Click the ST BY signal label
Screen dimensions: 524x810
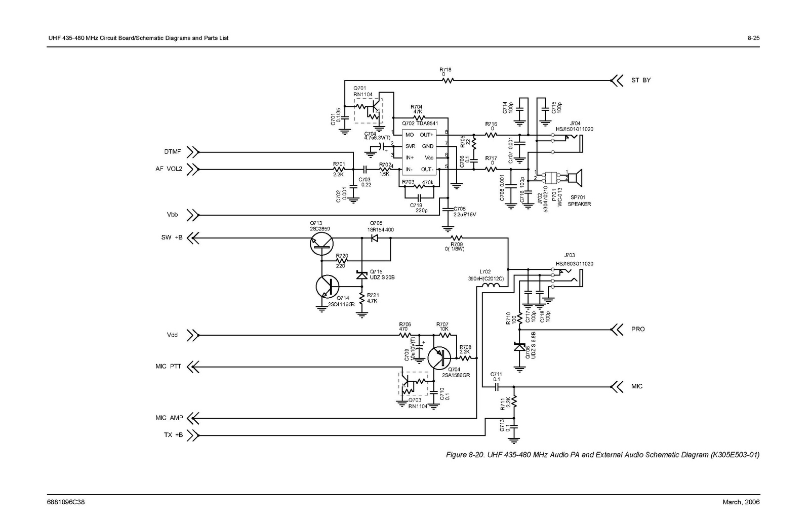click(x=641, y=80)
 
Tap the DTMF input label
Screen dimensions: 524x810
click(x=173, y=152)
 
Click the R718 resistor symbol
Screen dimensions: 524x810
click(x=448, y=80)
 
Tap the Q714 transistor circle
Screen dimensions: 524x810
click(x=327, y=287)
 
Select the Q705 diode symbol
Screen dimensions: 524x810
click(x=375, y=237)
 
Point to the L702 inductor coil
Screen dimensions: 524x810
click(x=490, y=286)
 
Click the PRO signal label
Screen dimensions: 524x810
click(x=638, y=329)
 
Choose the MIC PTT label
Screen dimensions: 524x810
click(x=168, y=366)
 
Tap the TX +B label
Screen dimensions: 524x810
click(x=173, y=434)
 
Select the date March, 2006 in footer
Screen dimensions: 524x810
click(x=741, y=502)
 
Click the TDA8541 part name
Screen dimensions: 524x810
click(x=427, y=124)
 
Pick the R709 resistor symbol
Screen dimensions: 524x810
click(x=457, y=237)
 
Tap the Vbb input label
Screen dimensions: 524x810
click(x=172, y=215)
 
